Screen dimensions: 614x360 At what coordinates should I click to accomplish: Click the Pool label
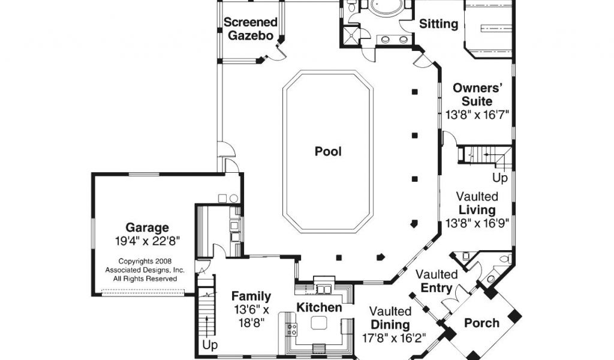pos(328,151)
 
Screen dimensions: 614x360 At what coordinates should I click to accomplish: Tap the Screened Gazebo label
pos(250,29)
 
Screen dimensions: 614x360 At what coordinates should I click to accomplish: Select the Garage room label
pos(148,227)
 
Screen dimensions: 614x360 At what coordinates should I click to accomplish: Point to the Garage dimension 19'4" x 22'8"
pos(148,241)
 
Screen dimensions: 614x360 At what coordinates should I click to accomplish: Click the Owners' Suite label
pos(477,94)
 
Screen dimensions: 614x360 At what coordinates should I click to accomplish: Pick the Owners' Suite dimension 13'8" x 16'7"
pos(477,115)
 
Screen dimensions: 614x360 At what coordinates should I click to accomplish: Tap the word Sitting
pos(438,24)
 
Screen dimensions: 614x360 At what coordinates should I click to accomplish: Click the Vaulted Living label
pos(477,203)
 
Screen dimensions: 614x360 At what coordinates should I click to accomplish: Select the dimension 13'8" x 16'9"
pos(477,223)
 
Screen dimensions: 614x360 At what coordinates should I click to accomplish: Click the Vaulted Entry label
pos(437,281)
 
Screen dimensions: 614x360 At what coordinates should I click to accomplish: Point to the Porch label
pos(481,323)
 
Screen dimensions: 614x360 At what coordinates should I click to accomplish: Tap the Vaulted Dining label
pos(391,317)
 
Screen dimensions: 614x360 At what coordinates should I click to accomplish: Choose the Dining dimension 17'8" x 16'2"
pos(393,338)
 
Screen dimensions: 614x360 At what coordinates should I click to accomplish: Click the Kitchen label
pos(319,308)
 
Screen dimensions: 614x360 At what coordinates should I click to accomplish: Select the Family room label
pos(251,296)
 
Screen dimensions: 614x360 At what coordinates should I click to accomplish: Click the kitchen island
pos(319,323)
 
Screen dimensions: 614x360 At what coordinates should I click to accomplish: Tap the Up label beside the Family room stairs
pos(210,346)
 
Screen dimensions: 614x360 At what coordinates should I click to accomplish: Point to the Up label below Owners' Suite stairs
pos(500,178)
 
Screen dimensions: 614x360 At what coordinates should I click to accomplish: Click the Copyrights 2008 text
pos(145,261)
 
